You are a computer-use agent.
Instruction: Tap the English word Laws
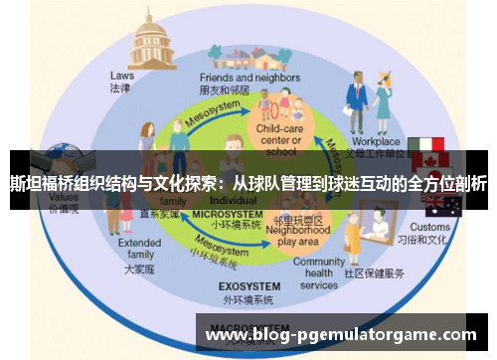tap(121, 75)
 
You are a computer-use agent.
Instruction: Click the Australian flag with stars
tap(440, 205)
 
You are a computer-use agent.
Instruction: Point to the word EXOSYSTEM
tap(247, 287)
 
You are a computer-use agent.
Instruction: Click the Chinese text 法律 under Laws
tap(120, 88)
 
